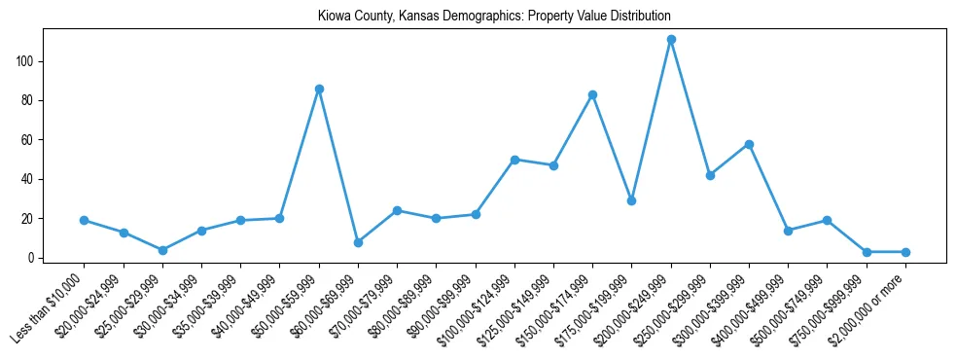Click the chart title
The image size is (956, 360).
[494, 17]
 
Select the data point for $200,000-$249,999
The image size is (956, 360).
[671, 40]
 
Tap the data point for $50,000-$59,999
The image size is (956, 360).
[319, 89]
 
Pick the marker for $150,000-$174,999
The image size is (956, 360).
[592, 94]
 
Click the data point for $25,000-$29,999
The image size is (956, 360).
[162, 250]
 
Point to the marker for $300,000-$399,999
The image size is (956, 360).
[749, 144]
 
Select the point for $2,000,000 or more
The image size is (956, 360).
[905, 252]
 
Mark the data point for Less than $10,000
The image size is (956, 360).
[85, 220]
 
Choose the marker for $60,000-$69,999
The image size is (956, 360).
[358, 242]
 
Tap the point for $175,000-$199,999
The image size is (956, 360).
[631, 200]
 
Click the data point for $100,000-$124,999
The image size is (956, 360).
[514, 160]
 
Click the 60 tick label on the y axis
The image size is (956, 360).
[35, 140]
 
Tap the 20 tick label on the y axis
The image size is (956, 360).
[35, 219]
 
